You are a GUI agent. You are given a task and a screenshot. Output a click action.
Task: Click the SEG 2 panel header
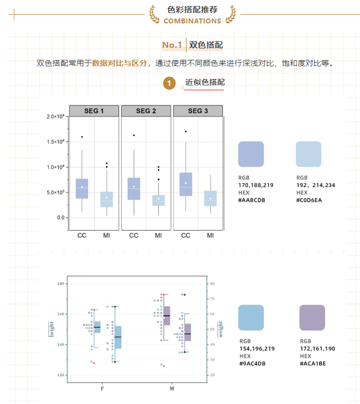pos(146,111)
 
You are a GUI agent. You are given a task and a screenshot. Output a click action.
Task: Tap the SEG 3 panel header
pos(198,111)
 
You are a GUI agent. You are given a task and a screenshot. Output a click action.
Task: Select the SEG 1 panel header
pos(94,111)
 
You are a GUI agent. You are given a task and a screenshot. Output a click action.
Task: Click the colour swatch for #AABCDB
pos(251,154)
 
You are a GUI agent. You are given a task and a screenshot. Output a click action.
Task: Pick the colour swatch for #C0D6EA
pos(308,154)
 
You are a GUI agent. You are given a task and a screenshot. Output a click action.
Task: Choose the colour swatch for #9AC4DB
pos(251,318)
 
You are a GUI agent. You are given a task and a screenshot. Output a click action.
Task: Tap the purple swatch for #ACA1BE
pos(312,318)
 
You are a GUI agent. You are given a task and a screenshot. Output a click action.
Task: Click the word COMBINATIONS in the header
pos(192,21)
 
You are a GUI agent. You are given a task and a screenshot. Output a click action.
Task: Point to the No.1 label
pos(171,45)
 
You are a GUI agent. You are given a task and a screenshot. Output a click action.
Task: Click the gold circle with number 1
pos(170,83)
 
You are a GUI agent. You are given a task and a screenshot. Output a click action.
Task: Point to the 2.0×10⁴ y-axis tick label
pos(55,117)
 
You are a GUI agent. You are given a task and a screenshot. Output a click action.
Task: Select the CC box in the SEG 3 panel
pos(185,184)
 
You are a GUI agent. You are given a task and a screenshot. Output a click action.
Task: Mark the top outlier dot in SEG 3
pos(185,132)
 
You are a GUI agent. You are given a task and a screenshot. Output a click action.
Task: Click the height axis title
pos(52,329)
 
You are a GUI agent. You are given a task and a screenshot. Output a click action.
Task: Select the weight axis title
pos(220,329)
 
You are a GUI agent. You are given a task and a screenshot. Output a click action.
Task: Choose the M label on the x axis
pos(172,389)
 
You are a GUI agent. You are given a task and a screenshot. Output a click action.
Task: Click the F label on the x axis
pos(102,389)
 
